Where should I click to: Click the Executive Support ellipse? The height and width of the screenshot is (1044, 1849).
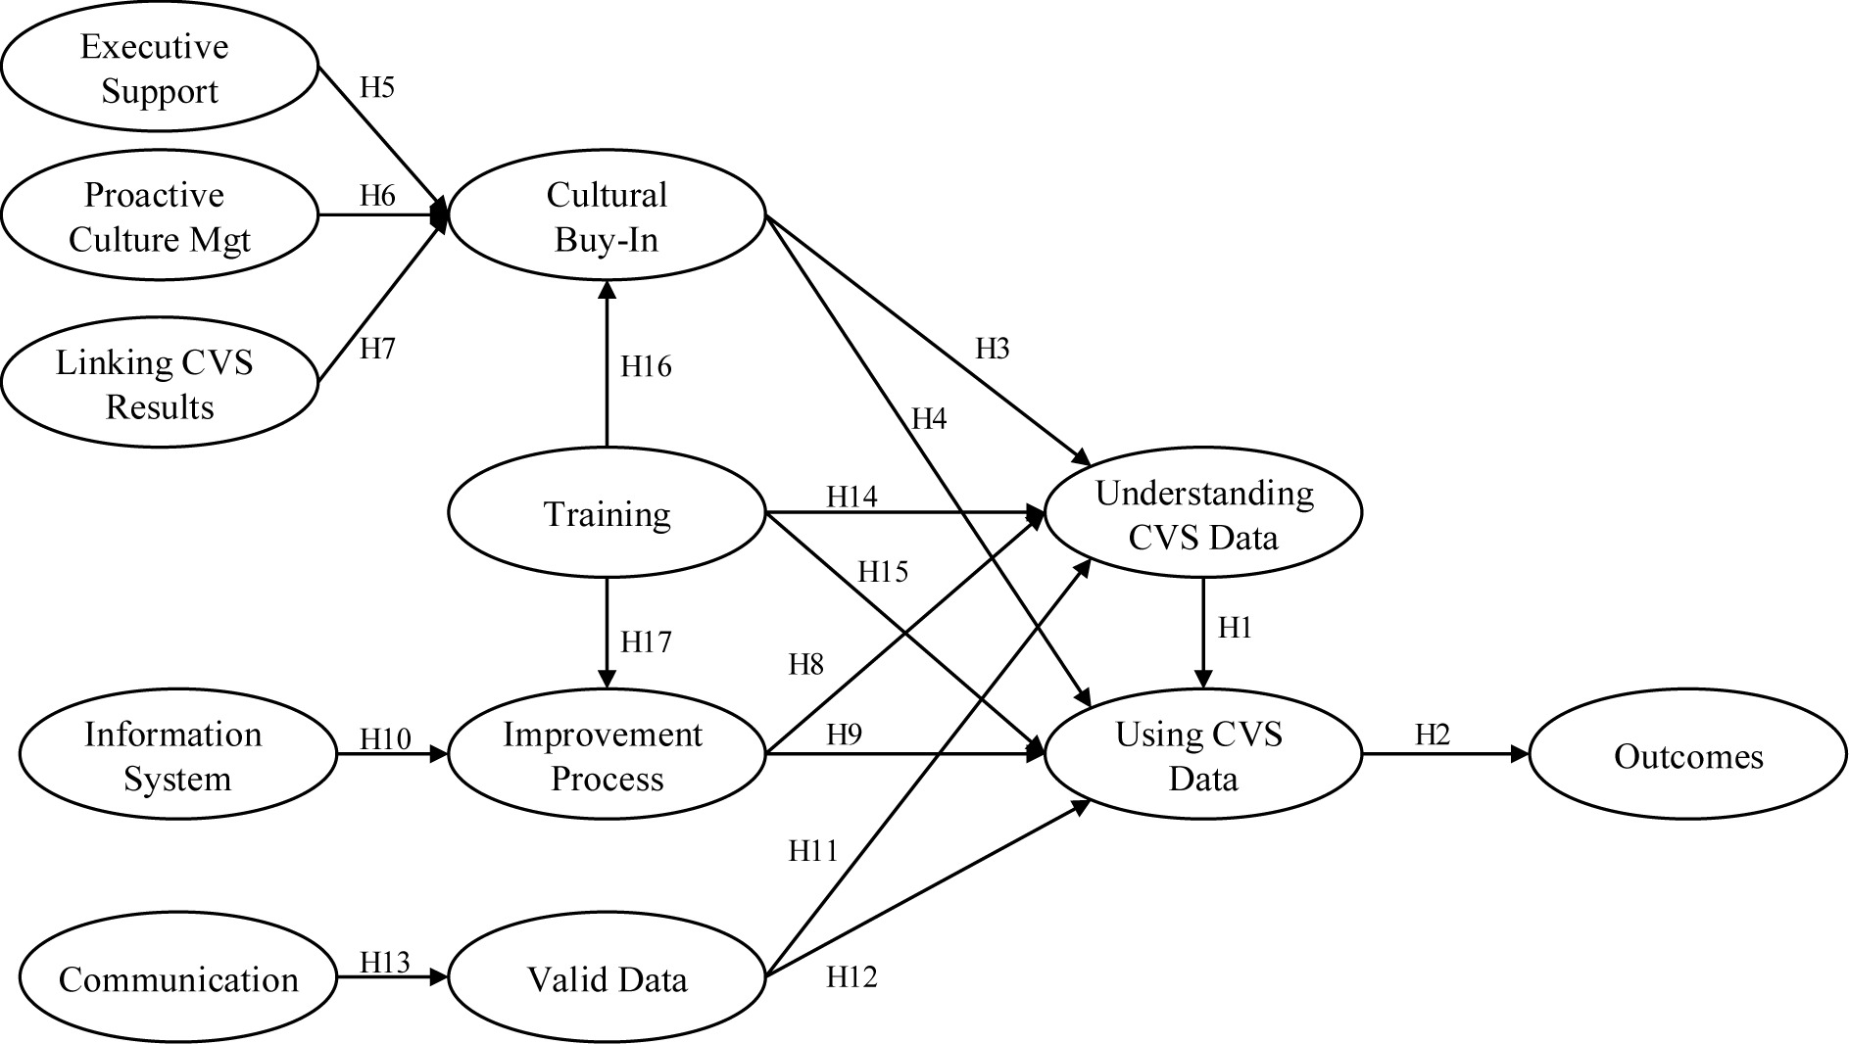tap(160, 69)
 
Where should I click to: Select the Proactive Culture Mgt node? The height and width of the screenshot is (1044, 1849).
tap(160, 216)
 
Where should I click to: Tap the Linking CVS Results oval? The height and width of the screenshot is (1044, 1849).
tap(160, 384)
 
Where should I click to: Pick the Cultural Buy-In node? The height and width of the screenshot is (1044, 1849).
tap(607, 216)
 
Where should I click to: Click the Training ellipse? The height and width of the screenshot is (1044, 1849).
tap(607, 513)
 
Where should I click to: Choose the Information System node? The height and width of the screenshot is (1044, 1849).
tap(177, 756)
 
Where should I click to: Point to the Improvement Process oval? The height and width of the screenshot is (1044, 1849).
tap(607, 756)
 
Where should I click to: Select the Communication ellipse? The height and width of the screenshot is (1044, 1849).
tap(177, 978)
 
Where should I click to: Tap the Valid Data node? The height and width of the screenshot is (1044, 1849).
tap(607, 978)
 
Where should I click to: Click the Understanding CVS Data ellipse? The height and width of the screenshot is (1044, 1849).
tap(1203, 513)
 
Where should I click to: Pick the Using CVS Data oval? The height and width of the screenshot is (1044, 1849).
tap(1203, 756)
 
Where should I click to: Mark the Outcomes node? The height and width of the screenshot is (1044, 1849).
tap(1688, 756)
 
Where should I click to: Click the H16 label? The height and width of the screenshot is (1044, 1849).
tap(646, 366)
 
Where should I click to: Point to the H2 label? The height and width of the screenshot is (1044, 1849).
tap(1432, 734)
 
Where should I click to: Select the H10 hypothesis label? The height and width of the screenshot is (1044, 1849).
tap(386, 737)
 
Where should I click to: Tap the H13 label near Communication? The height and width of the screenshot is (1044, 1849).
tap(385, 962)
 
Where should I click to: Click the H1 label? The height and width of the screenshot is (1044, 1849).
tap(1235, 628)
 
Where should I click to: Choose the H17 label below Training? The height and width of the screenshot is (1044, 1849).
tap(646, 642)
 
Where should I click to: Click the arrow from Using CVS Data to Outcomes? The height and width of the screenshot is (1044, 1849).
tap(1445, 754)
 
